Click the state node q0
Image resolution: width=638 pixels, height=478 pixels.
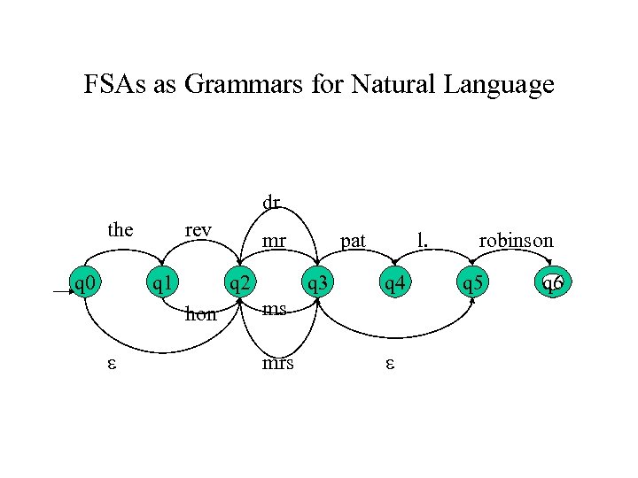[85, 283]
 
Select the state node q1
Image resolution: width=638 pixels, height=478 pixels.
[161, 283]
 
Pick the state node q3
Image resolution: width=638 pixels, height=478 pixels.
[315, 283]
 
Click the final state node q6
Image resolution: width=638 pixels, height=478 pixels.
[551, 283]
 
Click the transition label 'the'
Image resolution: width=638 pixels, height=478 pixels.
[120, 230]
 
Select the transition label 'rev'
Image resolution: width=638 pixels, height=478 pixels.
[198, 230]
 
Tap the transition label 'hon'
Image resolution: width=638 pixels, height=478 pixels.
[200, 313]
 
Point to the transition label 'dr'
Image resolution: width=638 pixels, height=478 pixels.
[271, 203]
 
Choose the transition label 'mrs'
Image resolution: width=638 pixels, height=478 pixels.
[277, 364]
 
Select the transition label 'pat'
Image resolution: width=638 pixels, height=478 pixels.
[353, 239]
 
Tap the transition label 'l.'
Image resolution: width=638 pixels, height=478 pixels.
[424, 239]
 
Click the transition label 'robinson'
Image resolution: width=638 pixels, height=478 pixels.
[516, 239]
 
